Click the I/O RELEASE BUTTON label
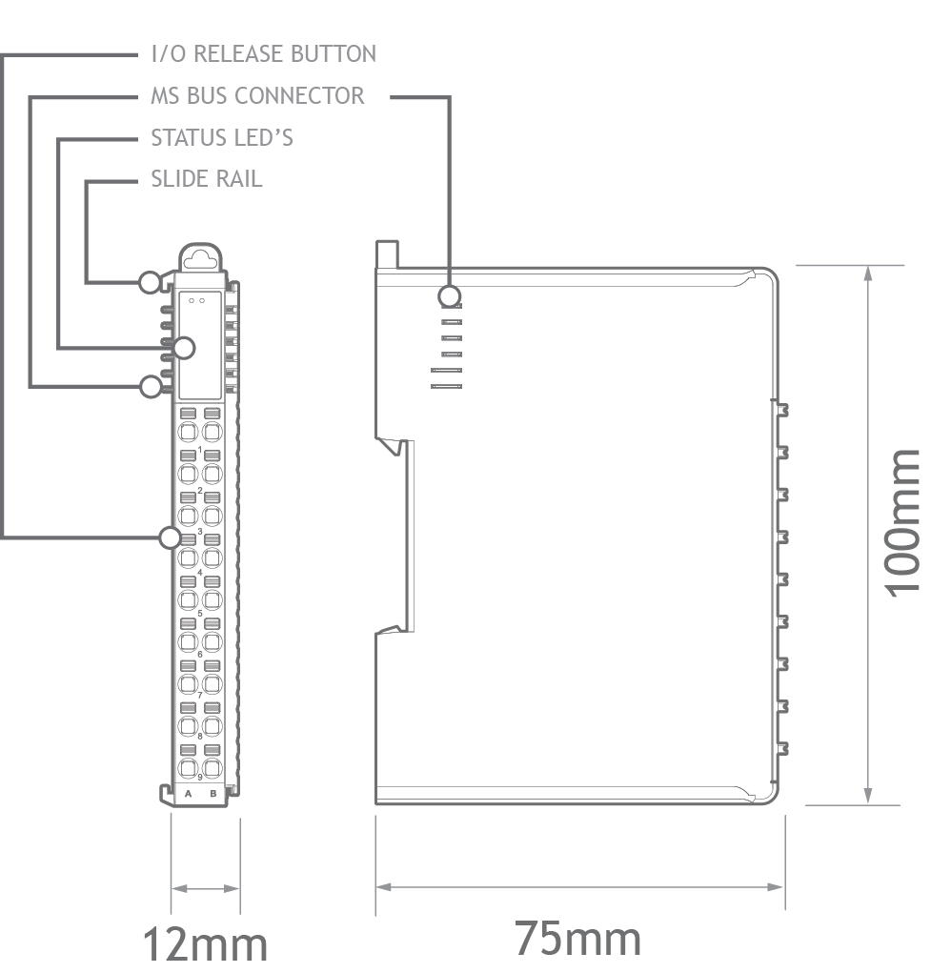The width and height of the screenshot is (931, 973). click(264, 54)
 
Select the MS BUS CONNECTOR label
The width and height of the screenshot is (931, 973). click(257, 95)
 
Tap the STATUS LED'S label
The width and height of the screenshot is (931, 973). click(222, 137)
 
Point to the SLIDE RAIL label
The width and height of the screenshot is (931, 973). click(207, 179)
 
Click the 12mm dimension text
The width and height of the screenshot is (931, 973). click(206, 945)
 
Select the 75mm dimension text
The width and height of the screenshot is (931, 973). click(577, 939)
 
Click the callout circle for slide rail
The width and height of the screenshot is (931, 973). click(150, 282)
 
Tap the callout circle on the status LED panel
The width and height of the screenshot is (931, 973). click(184, 348)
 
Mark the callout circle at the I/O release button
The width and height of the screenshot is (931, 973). click(170, 537)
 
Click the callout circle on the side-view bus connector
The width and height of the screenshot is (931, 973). click(449, 296)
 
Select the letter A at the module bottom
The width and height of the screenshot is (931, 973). click(188, 793)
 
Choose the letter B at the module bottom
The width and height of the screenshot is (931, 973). click(213, 793)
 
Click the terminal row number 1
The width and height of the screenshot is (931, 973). click(200, 449)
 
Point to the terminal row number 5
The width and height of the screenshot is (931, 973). click(200, 613)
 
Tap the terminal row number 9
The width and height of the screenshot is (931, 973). click(200, 777)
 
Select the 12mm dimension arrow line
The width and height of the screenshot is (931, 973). click(206, 888)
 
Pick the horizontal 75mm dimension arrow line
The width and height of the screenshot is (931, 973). click(579, 886)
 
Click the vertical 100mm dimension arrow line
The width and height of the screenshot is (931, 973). click(868, 535)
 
